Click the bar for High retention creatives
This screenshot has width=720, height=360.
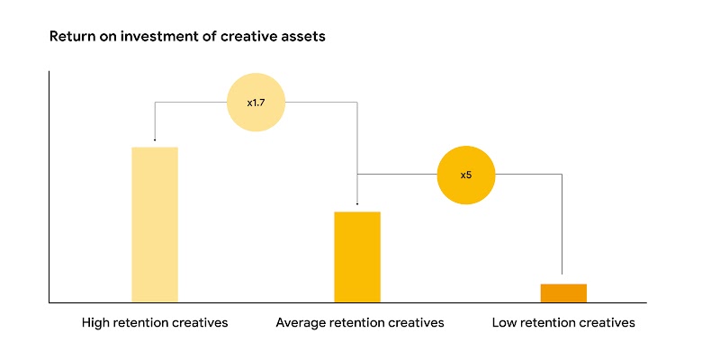(x=155, y=224)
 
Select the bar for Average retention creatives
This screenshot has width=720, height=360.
(x=357, y=256)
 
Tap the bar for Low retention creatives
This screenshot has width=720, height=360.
(x=563, y=292)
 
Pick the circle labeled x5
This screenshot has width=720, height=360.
(x=466, y=175)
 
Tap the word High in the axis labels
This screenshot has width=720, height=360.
(x=96, y=322)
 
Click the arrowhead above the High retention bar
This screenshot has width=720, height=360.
(x=155, y=139)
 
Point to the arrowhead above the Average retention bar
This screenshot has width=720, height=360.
(x=358, y=205)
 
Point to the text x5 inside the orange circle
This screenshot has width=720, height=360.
(x=466, y=175)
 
